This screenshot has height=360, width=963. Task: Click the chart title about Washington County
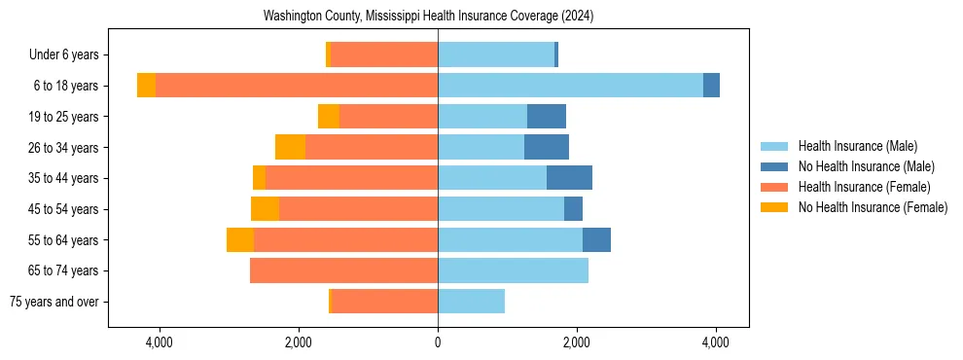tap(428, 17)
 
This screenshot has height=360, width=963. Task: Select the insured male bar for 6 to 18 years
tap(570, 86)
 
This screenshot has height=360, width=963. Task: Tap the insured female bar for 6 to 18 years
tap(297, 86)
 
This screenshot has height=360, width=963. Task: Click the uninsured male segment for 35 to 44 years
tap(569, 178)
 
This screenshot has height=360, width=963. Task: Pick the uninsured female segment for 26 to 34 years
tap(290, 147)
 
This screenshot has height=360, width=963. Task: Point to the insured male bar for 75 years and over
tap(471, 302)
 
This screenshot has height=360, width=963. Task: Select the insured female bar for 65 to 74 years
tap(343, 270)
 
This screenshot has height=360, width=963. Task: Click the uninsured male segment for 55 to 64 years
tap(596, 239)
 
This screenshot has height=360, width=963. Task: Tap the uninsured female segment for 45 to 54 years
tap(265, 209)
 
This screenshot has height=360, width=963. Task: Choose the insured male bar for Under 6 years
tap(496, 54)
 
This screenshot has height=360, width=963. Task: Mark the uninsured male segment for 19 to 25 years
tap(547, 117)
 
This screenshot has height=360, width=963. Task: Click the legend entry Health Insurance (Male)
tap(857, 146)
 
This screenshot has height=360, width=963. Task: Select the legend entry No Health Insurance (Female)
tap(873, 207)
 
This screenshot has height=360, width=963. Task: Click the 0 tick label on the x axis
tap(438, 342)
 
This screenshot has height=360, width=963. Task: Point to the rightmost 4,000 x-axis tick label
tap(716, 342)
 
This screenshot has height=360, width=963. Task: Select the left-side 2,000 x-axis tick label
tap(298, 342)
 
